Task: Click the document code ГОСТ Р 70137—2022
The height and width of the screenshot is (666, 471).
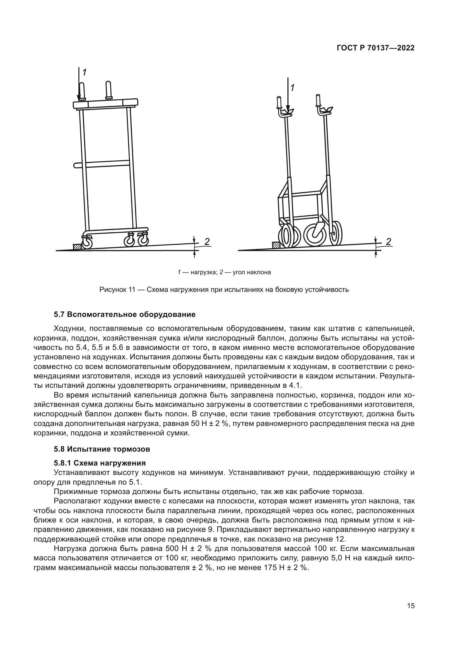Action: [x=375, y=48]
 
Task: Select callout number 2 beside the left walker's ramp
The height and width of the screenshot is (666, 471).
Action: [x=207, y=241]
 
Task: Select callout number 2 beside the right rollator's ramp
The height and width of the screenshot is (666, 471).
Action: [x=388, y=241]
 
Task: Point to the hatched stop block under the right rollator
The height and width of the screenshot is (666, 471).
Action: [x=276, y=245]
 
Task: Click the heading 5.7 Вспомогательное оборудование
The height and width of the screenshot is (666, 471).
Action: [x=125, y=314]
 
